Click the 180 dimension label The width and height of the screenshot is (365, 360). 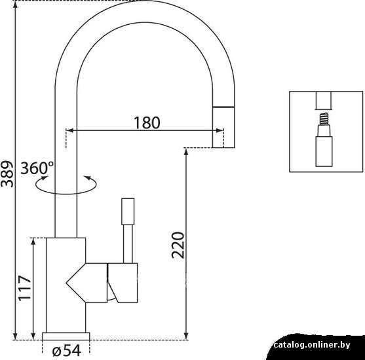(x=147, y=122)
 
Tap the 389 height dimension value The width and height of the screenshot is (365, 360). (x=7, y=174)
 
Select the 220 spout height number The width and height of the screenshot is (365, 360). (x=178, y=245)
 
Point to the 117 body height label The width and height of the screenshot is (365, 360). (x=25, y=288)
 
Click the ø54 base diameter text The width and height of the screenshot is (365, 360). (x=67, y=350)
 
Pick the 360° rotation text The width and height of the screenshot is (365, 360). (x=37, y=168)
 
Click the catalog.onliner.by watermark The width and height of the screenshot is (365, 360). (x=312, y=345)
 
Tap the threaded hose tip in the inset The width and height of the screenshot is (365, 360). (x=324, y=119)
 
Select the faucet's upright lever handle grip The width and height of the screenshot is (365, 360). (x=128, y=211)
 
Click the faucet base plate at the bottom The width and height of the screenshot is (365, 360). (x=66, y=336)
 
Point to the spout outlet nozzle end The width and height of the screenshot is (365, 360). (x=223, y=127)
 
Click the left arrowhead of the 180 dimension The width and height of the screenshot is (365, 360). (x=69, y=130)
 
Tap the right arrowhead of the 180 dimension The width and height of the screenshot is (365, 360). (x=220, y=130)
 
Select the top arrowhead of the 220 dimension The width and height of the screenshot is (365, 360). (x=185, y=152)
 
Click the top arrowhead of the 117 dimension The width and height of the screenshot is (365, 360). (x=33, y=242)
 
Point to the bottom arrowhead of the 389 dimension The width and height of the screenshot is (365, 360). (x=15, y=336)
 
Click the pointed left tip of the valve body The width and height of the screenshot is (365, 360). (x=66, y=283)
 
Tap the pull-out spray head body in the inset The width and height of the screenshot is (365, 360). (x=324, y=151)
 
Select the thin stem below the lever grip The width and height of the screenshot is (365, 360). (x=128, y=244)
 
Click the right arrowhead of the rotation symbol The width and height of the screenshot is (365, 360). (x=87, y=178)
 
